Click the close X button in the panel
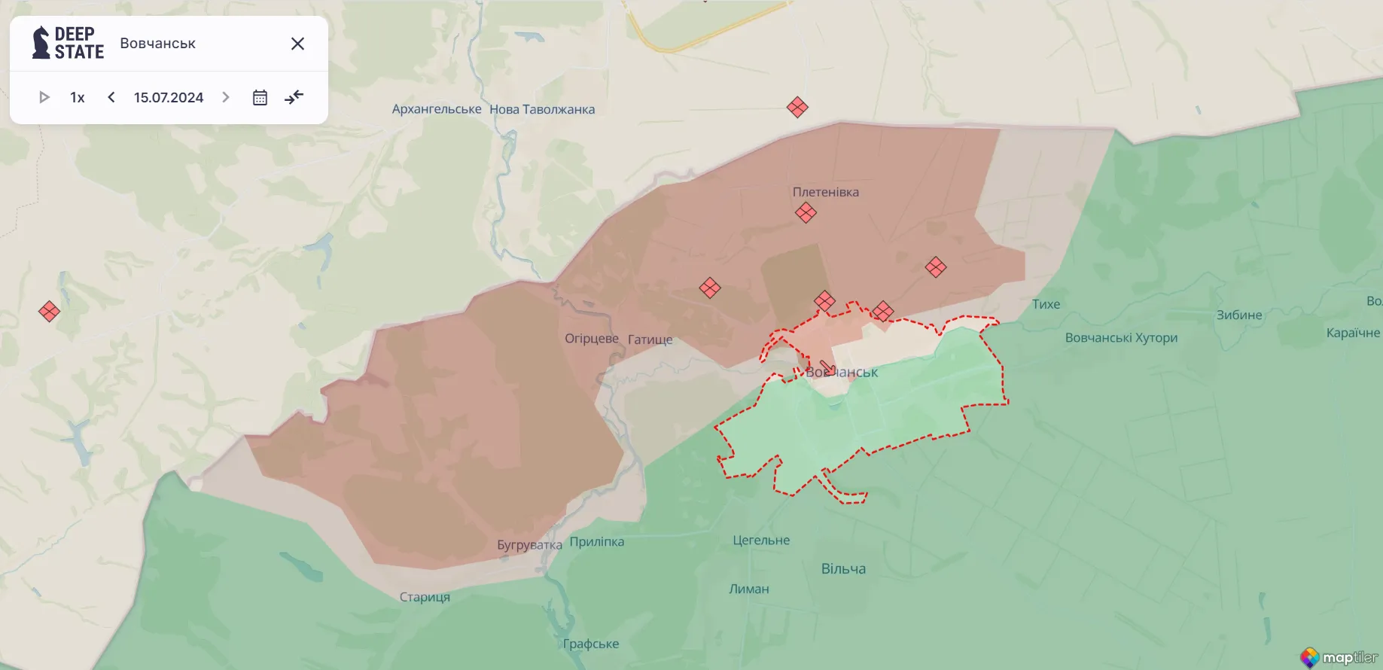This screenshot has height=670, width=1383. pos(297,44)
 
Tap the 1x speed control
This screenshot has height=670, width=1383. pos(77,97)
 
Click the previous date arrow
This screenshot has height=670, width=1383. pos(111,97)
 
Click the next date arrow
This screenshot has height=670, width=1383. pos(225,97)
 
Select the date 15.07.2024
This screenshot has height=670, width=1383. pos(169,97)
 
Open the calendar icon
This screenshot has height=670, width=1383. pos(260,97)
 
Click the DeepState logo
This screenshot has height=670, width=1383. pos(68,43)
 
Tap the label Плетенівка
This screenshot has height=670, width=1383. pos(825,192)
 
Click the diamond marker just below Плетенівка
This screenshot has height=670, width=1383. pos(806,213)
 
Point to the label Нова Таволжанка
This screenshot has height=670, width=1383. pos(542,109)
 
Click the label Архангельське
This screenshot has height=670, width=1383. pos(437,109)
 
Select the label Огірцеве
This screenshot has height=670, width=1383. pos(592,339)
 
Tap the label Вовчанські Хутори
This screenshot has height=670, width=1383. pos(1121,338)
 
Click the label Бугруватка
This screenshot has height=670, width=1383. pos(529,545)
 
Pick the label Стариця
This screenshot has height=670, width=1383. pos(425,597)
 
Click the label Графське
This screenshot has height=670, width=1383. pos(591,644)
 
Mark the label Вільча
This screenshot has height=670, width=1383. pos(843,569)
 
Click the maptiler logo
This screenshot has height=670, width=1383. pos(1340,657)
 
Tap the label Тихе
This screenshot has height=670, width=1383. pos(1046,304)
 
